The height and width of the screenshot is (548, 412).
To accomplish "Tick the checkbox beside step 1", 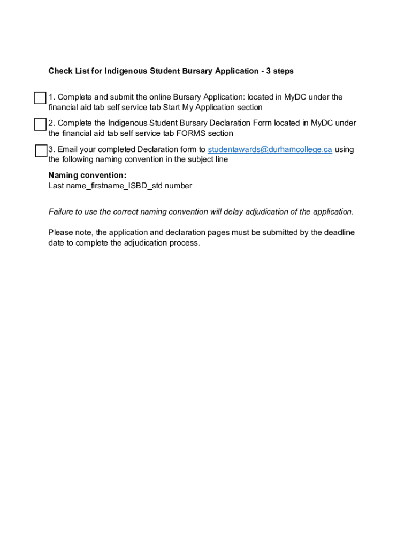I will coord(40,98).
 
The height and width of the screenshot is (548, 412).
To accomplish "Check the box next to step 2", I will coord(40,124).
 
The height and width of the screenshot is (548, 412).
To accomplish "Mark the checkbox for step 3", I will coord(41,150).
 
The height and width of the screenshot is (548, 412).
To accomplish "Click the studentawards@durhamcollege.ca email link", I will coord(270,149).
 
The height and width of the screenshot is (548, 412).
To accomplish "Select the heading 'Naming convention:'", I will coord(87,175).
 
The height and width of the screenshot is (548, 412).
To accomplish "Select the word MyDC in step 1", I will coord(294,97).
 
